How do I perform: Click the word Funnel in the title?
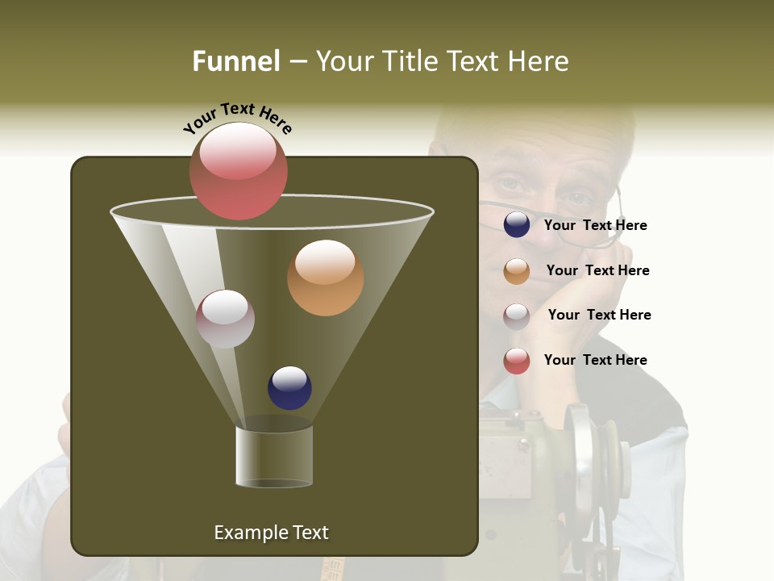pos(236,61)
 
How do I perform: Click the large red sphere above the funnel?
pos(239,171)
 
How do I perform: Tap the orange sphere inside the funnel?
pos(325,278)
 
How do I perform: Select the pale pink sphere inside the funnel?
pos(225,319)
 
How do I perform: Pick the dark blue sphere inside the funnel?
pos(289,388)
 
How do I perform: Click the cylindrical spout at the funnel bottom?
pos(274,457)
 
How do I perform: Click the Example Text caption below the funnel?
pos(271,533)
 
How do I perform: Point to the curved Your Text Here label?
pos(237,117)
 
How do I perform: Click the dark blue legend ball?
pos(517,225)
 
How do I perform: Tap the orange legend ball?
pos(517,271)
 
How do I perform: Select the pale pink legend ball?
pos(517,316)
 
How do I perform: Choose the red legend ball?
pos(517,361)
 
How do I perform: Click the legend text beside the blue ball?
pos(595,226)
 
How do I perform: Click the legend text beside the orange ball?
pos(597,271)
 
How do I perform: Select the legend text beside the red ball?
pos(595,360)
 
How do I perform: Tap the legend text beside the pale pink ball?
pos(599,316)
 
